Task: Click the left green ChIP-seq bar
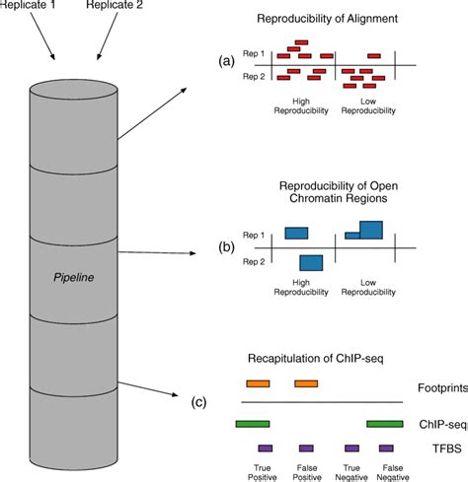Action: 254,424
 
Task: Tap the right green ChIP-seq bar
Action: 384,424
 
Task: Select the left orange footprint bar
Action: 258,382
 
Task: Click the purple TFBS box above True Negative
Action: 349,447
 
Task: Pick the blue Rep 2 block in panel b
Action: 311,262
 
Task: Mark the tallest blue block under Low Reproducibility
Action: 371,230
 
